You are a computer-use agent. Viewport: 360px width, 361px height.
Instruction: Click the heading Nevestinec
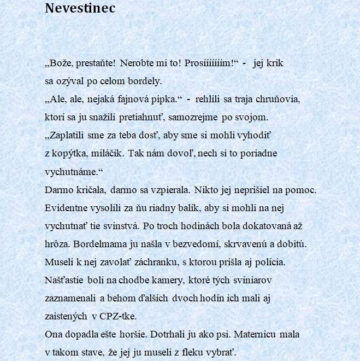80,9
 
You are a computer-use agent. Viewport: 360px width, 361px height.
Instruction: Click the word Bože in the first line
61,63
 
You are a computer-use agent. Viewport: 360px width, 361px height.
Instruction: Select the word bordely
145,81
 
